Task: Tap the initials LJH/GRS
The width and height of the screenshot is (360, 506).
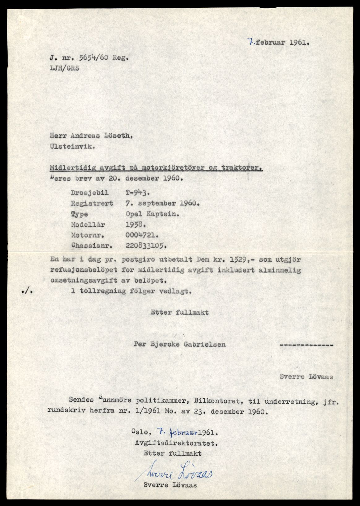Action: [64, 68]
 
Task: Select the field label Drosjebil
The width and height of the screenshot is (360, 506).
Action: [90, 193]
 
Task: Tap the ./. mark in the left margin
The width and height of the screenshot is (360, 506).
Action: [27, 291]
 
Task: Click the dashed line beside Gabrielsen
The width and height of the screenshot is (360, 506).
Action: [306, 344]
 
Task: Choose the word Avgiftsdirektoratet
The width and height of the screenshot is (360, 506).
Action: [175, 443]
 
